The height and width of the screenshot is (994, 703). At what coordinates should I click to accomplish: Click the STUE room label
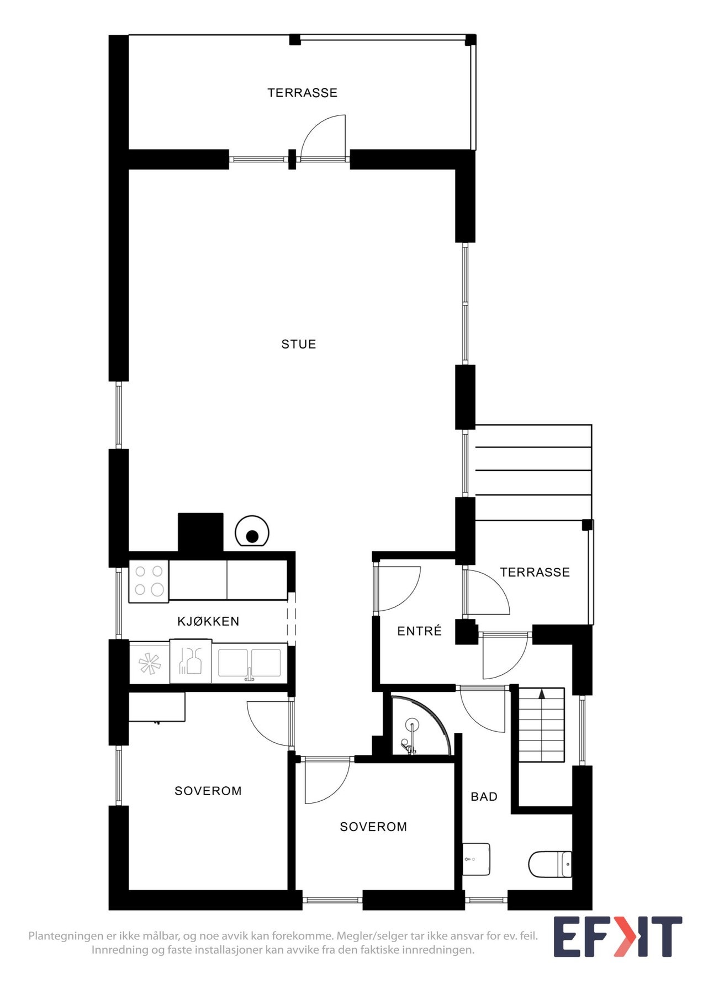(x=298, y=344)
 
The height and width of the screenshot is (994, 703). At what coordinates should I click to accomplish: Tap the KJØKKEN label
(x=208, y=621)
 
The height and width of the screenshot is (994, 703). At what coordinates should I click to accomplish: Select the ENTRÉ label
(x=419, y=631)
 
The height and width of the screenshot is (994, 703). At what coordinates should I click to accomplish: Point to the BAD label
(x=484, y=796)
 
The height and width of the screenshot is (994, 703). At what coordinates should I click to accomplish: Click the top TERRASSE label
(x=302, y=93)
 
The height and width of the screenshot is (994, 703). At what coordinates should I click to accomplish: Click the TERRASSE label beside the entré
(x=535, y=572)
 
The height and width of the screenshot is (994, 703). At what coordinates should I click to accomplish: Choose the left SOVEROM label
(x=208, y=791)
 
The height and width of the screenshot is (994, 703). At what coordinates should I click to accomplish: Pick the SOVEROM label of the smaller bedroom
(x=373, y=827)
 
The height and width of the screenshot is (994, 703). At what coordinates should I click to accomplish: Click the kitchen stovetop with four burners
(x=149, y=581)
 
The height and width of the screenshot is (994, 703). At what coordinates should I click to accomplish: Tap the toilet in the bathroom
(x=550, y=864)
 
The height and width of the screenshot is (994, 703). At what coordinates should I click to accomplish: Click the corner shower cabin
(x=417, y=729)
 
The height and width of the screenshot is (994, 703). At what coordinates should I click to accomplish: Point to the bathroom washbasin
(x=476, y=859)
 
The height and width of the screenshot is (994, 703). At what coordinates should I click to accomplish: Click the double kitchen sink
(x=249, y=663)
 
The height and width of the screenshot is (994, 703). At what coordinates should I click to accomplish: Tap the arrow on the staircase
(x=542, y=694)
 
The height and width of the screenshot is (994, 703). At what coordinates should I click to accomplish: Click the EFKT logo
(x=617, y=937)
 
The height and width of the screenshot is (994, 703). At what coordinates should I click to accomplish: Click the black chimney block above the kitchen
(x=200, y=532)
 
